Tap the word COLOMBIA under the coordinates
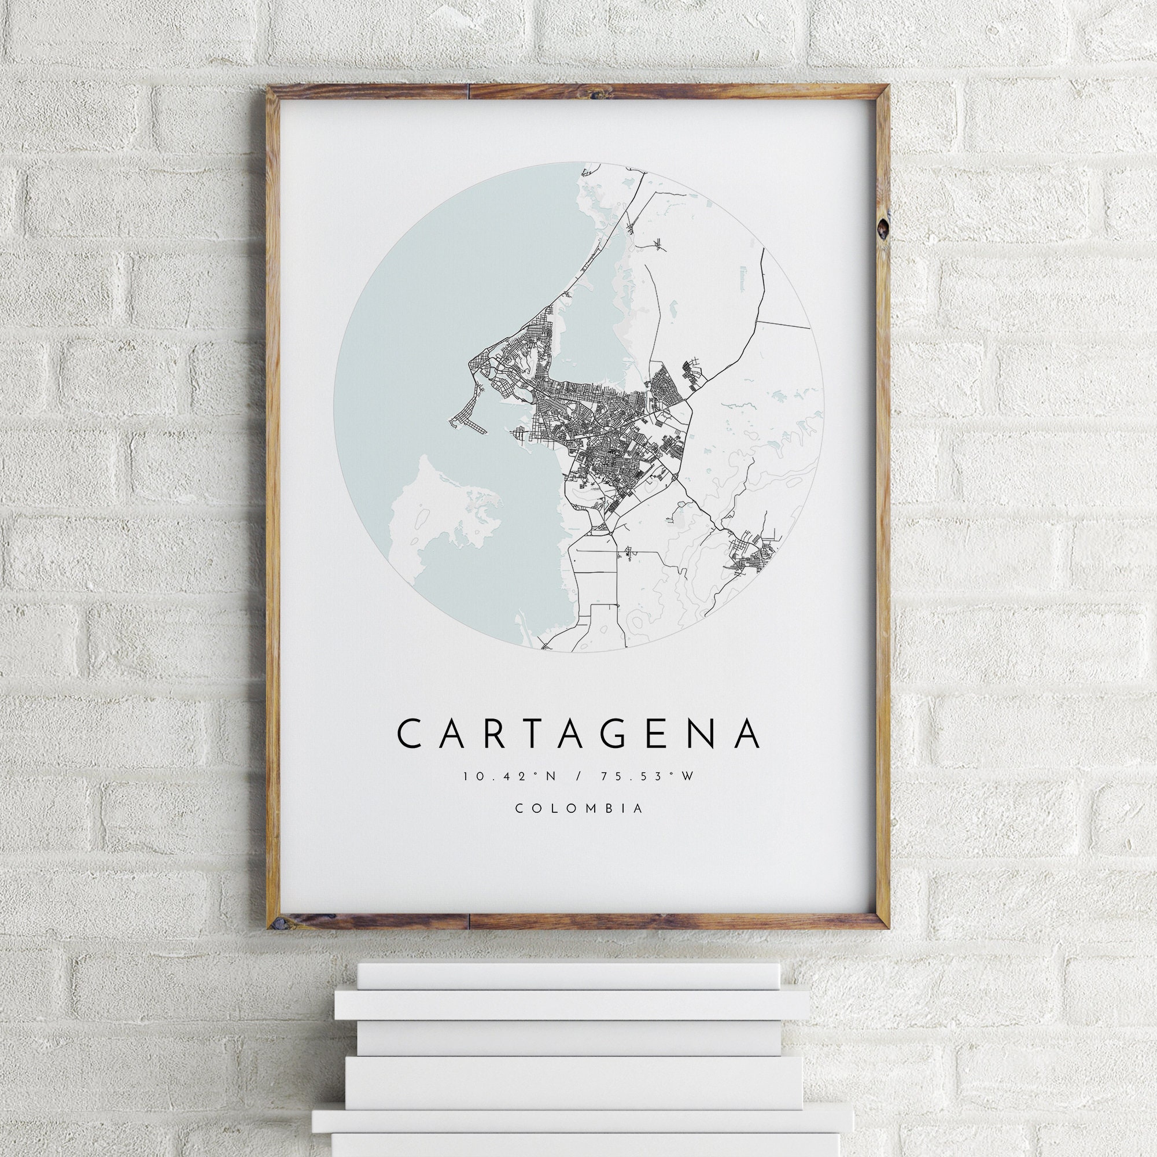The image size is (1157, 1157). tap(579, 809)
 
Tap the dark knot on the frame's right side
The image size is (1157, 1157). tap(882, 228)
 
